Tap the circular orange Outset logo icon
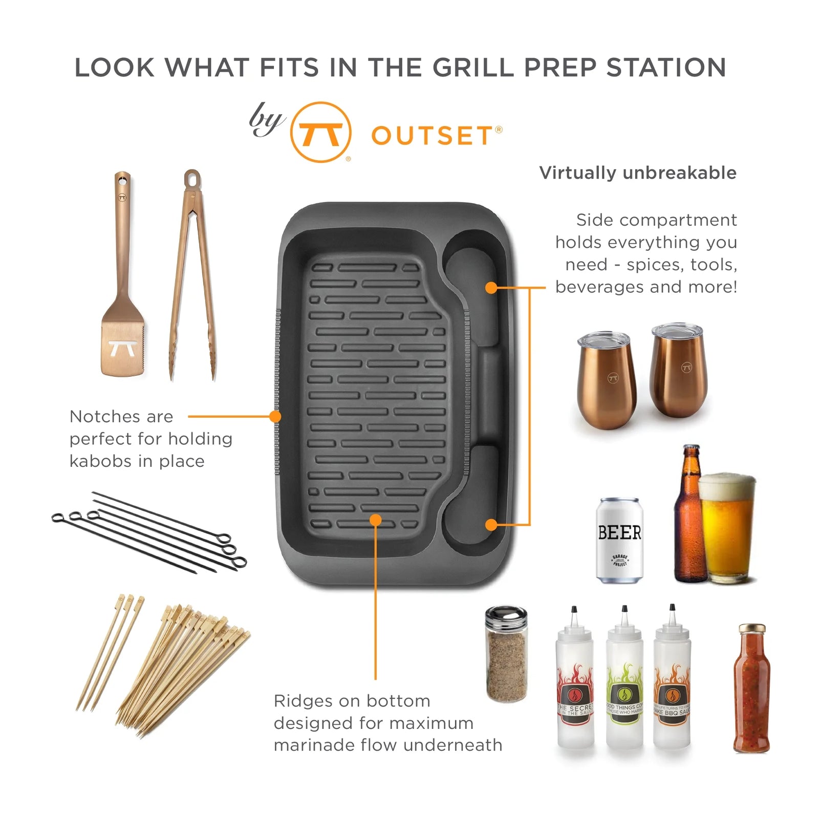coord(320,132)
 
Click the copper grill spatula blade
coord(123,348)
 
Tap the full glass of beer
coord(727,530)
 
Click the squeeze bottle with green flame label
coord(624,681)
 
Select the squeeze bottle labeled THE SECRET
coord(575,681)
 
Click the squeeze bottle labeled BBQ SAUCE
coord(672,681)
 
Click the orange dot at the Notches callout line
coord(275,417)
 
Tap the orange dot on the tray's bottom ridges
coord(376,520)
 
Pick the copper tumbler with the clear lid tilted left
coord(608,379)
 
